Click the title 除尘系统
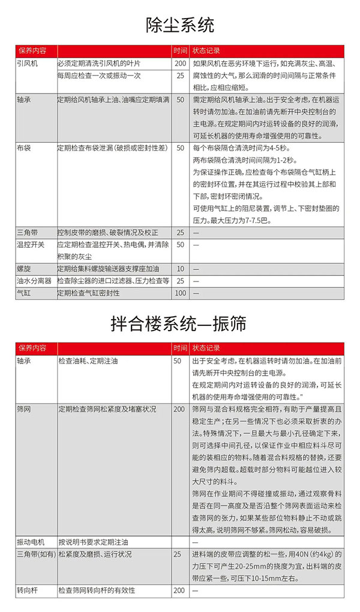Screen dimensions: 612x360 pyautogui.click(x=180, y=25)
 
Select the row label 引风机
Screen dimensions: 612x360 pyautogui.click(x=28, y=63)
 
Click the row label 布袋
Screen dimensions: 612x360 pyautogui.click(x=24, y=148)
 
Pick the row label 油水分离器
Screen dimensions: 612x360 pyautogui.click(x=34, y=281)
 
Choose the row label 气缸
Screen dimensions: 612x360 pyautogui.click(x=24, y=293)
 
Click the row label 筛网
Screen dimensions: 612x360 pyautogui.click(x=24, y=409)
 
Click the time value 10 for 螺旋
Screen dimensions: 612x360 pyautogui.click(x=181, y=269)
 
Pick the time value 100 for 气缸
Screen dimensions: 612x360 pyautogui.click(x=181, y=293)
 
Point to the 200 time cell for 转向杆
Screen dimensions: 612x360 pyautogui.click(x=179, y=590)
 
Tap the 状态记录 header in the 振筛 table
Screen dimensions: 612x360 pyautogui.click(x=207, y=347)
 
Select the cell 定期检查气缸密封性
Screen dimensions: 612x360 pyautogui.click(x=88, y=293)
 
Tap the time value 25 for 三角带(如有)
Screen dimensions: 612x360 pyautogui.click(x=177, y=554)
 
